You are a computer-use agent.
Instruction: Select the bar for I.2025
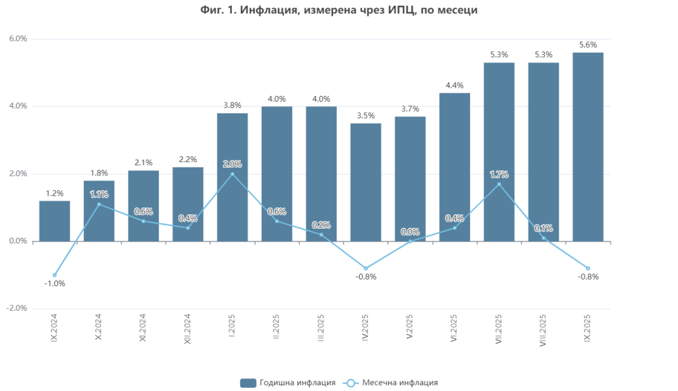click(232, 191)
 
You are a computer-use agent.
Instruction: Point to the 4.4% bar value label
click(454, 85)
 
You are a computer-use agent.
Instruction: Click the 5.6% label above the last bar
click(588, 45)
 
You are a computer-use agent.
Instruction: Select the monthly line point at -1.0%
click(55, 275)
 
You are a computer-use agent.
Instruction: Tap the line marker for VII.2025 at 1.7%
click(499, 184)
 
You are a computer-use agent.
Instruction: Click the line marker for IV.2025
click(365, 268)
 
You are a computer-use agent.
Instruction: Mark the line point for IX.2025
click(588, 268)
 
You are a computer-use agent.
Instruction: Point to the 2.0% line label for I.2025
click(232, 165)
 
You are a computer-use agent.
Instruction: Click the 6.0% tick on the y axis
click(18, 39)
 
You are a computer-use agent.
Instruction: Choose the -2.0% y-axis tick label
click(17, 308)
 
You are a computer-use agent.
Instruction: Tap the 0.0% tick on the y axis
click(18, 241)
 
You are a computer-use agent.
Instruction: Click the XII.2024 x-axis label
click(187, 329)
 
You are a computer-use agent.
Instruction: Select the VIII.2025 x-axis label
click(543, 330)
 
